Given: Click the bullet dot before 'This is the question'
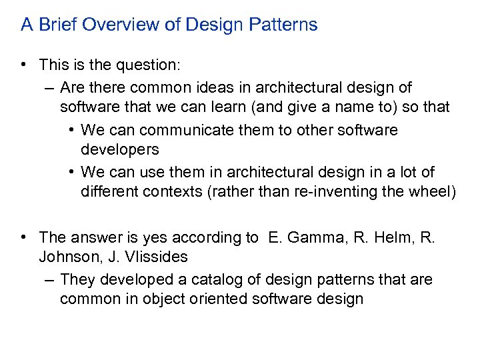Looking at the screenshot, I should click(x=24, y=65).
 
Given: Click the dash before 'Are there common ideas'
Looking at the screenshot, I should click(x=51, y=87).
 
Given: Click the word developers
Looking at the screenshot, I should click(x=120, y=149).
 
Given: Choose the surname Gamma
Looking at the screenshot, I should click(x=312, y=237).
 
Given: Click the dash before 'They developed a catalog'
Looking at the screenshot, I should click(x=51, y=279).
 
